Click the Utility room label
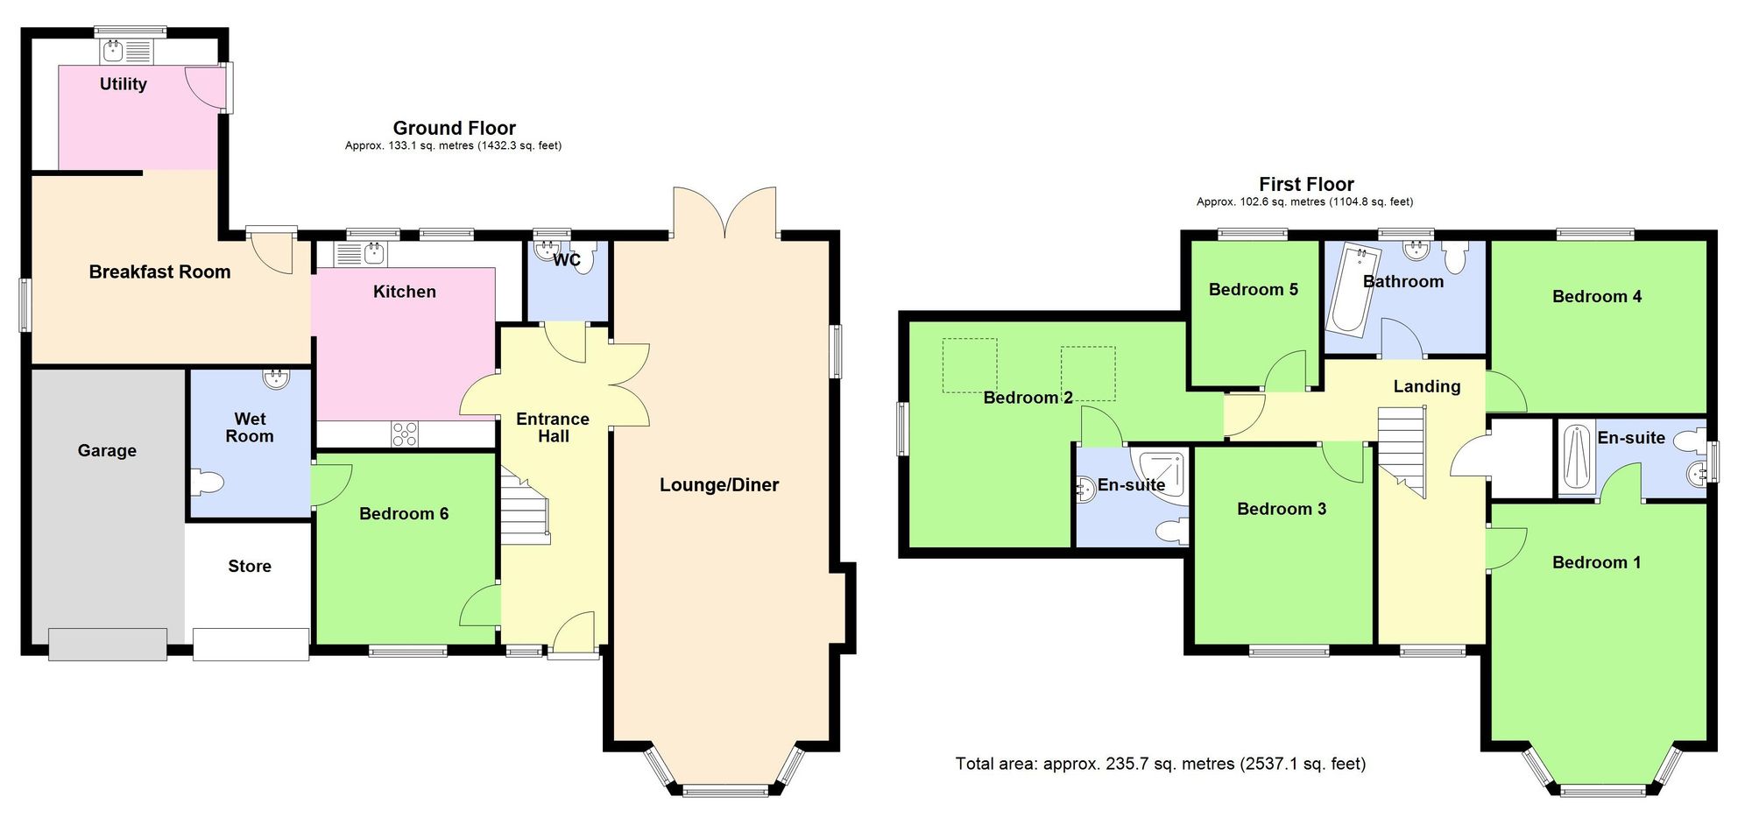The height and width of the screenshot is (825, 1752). click(x=123, y=84)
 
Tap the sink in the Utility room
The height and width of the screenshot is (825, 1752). click(x=112, y=51)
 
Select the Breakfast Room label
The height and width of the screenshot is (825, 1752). click(x=159, y=271)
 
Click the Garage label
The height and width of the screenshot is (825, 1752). click(x=107, y=450)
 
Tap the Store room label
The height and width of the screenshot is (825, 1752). click(x=250, y=566)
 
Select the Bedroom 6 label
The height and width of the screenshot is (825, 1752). click(x=404, y=513)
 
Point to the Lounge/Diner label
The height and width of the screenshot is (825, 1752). click(x=719, y=484)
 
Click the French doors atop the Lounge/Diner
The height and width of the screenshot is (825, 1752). click(x=724, y=213)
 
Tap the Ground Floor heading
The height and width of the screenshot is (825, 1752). click(x=454, y=128)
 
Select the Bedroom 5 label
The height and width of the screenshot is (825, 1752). click(x=1253, y=289)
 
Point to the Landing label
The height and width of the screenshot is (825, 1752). click(x=1426, y=386)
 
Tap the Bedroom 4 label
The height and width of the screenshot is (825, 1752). click(x=1596, y=296)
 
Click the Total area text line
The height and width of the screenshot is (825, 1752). click(x=1160, y=764)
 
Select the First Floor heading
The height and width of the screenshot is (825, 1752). click(x=1305, y=184)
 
